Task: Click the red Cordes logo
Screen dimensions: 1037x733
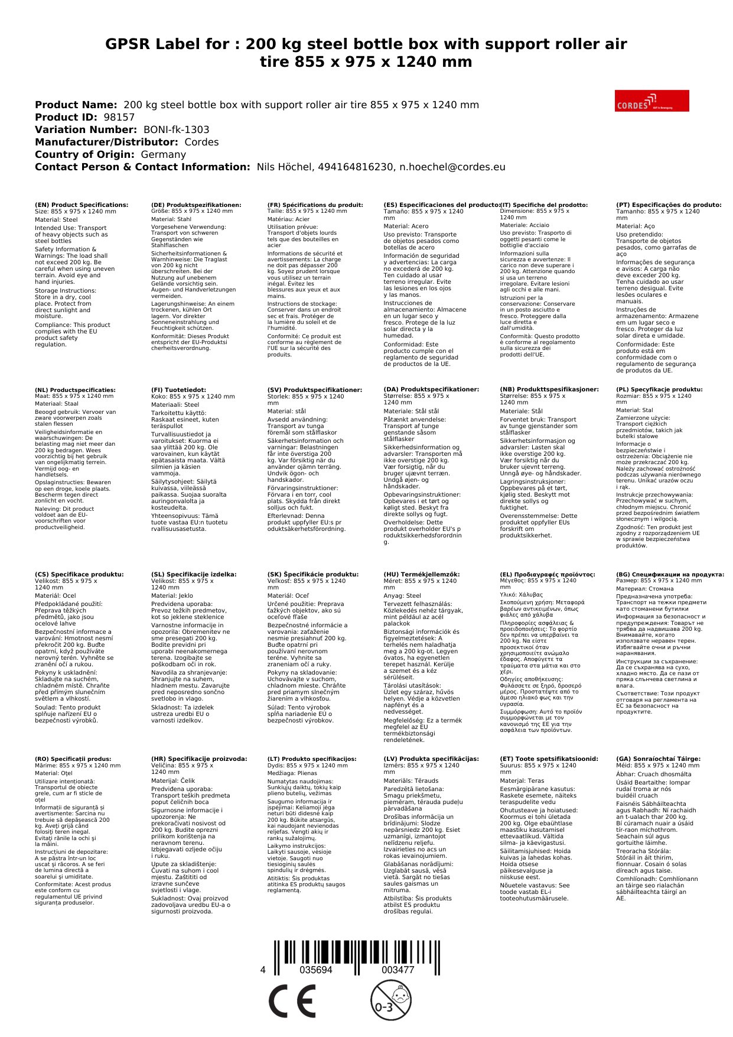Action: click(x=651, y=101)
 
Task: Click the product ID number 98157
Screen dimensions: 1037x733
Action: click(x=119, y=117)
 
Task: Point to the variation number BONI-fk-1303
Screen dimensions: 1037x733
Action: click(x=176, y=129)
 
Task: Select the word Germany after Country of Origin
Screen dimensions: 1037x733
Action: click(x=163, y=154)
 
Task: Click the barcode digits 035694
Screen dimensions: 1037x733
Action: click(x=316, y=970)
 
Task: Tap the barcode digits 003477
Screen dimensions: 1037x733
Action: click(x=398, y=970)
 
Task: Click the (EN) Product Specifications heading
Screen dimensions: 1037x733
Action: click(x=82, y=205)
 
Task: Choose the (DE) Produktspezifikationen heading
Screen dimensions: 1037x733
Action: click(x=196, y=205)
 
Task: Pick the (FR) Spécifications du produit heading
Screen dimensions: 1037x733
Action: click(x=315, y=205)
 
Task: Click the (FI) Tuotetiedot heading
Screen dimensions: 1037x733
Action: click(x=179, y=390)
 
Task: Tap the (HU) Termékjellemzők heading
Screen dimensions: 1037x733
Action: click(x=421, y=574)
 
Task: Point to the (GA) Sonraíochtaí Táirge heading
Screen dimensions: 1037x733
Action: click(x=658, y=759)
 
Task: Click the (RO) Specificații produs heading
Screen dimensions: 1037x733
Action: click(x=73, y=759)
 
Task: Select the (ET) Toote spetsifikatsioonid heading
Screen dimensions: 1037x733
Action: click(x=549, y=759)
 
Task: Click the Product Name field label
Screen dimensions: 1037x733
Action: click(x=76, y=105)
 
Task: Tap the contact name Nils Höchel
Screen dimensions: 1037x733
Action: click(x=284, y=167)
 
